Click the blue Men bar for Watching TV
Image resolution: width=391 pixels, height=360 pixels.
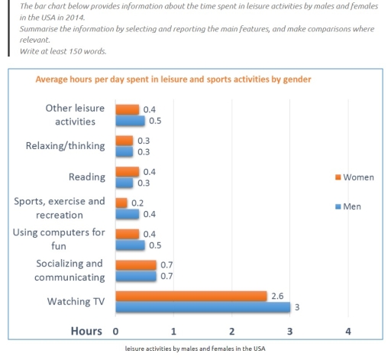point(202,306)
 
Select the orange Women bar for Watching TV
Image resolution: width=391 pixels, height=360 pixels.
point(191,296)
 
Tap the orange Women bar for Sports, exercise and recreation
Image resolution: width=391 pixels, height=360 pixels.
point(121,203)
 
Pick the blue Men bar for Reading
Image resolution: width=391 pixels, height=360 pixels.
point(124,183)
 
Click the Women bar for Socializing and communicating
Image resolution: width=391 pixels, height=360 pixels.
point(136,264)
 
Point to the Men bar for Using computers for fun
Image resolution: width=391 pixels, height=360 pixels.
point(130,245)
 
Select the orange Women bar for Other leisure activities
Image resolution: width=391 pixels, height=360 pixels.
point(127,109)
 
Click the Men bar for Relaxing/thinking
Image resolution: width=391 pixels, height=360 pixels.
point(124,151)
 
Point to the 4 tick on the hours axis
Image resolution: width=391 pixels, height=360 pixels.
point(348,332)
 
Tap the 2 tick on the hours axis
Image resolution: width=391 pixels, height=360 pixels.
point(231,332)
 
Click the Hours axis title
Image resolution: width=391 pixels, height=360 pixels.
point(86,331)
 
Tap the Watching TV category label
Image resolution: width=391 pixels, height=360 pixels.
point(76,301)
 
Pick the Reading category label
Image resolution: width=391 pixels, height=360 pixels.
point(86,177)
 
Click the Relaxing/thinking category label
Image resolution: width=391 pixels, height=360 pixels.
point(66,146)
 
